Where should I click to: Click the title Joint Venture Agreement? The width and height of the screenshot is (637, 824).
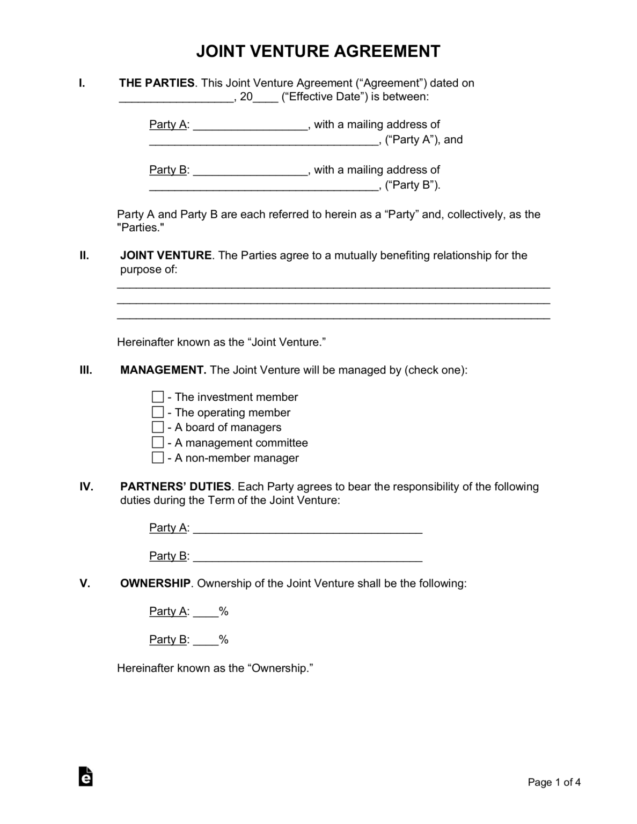point(318,51)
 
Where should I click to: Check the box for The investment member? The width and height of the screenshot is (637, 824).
point(158,397)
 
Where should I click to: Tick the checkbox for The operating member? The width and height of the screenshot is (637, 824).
point(158,412)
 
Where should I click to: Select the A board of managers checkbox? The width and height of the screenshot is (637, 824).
point(158,427)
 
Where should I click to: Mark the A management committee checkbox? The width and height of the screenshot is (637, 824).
point(158,443)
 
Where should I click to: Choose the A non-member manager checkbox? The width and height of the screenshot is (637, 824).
point(158,458)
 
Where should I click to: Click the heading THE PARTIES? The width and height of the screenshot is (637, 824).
point(157,83)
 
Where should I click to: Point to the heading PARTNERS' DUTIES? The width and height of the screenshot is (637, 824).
point(175,487)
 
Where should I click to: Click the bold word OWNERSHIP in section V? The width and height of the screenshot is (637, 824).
point(155,583)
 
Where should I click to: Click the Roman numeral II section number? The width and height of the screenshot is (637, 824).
point(84,255)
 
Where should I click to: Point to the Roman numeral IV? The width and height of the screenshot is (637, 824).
point(86,487)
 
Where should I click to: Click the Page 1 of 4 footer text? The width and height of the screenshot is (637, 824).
point(554,782)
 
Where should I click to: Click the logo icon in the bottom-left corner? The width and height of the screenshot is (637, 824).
point(85,776)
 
